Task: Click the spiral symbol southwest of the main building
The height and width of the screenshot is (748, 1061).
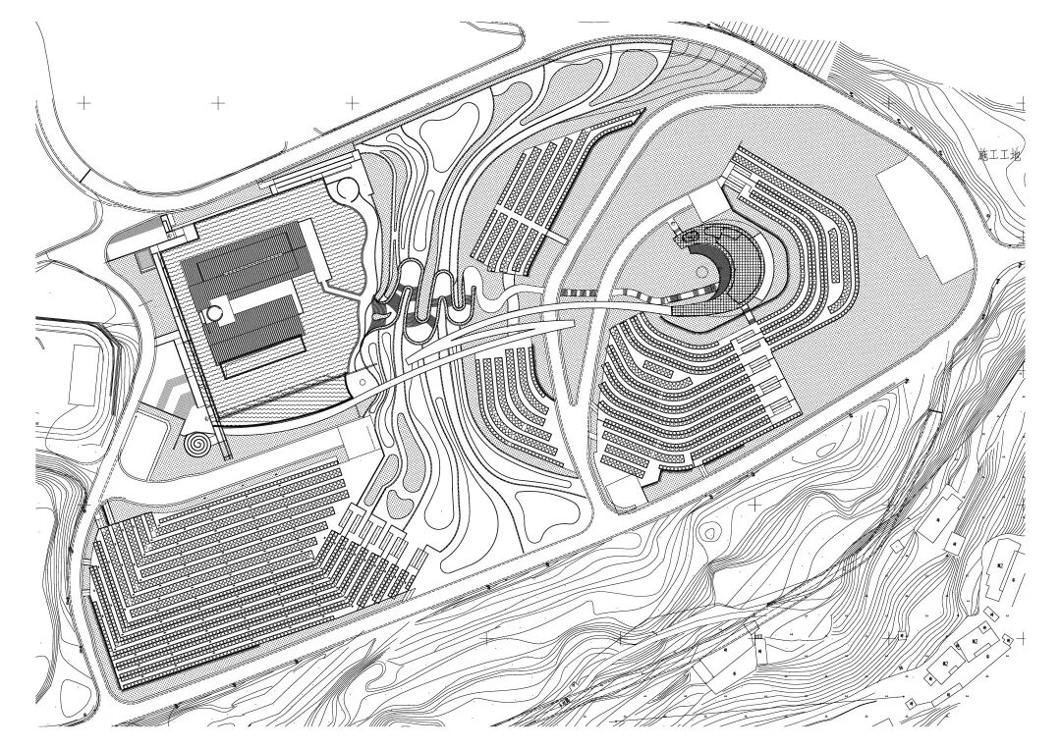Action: (x=198, y=444)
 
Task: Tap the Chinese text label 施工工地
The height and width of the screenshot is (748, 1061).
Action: (x=1000, y=156)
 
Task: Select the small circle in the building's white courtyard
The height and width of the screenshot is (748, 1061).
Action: (x=213, y=313)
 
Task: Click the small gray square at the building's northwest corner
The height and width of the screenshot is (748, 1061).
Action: (x=146, y=259)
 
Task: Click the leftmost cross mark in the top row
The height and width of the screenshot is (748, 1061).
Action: (x=84, y=101)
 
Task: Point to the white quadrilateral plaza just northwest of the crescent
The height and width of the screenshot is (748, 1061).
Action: (x=703, y=203)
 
